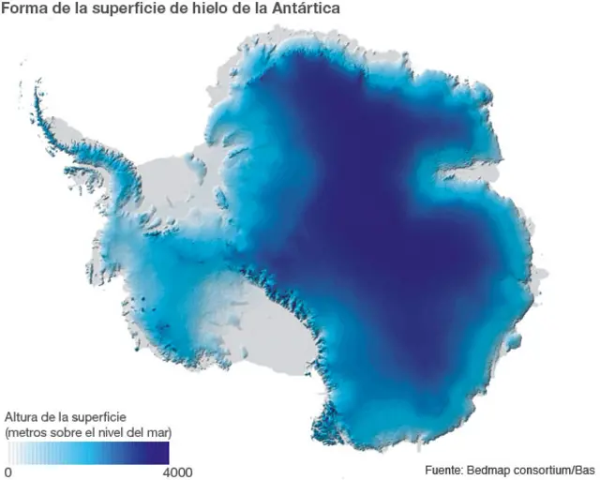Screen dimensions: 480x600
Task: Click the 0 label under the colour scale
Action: pos(8,472)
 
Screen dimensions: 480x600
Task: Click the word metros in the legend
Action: pos(29,431)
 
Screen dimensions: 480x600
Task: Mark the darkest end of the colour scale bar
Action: pos(163,453)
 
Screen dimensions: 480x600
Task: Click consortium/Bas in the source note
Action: pos(559,470)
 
